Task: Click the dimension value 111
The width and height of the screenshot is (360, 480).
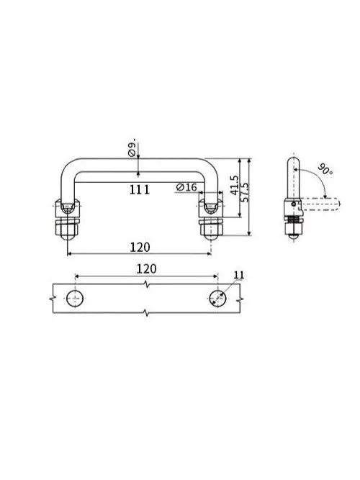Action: [x=140, y=190]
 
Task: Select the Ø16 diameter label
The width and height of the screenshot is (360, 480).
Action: [x=186, y=187]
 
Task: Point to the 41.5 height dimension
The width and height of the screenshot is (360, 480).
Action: [x=234, y=185]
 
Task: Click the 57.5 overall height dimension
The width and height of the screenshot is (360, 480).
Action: [x=245, y=192]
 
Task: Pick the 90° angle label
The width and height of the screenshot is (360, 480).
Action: [x=325, y=169]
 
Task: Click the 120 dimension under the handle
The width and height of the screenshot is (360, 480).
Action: [x=140, y=247]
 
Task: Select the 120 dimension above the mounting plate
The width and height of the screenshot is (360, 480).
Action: [x=146, y=268]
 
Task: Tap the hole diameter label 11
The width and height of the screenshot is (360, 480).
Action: [x=239, y=275]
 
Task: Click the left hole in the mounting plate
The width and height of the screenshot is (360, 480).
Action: [x=75, y=298]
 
